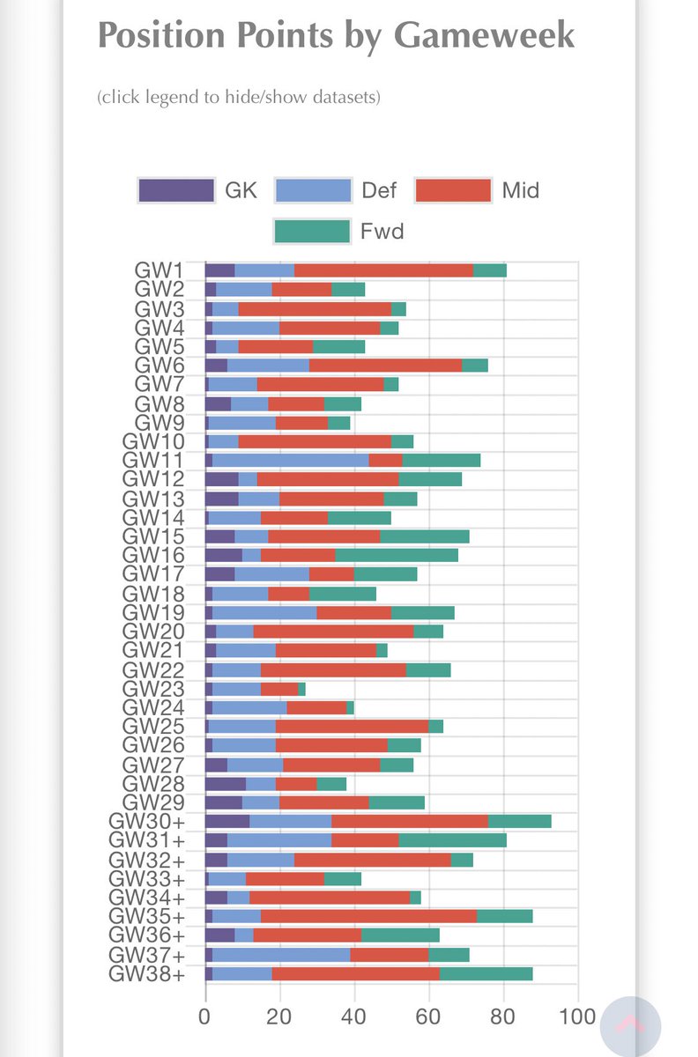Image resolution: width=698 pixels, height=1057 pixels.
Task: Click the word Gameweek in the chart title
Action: (x=484, y=36)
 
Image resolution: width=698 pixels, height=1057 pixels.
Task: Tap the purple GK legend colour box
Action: (x=176, y=189)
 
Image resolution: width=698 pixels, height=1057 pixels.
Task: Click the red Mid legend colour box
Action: (x=452, y=189)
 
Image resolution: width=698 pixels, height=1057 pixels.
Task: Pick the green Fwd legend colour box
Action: (x=312, y=231)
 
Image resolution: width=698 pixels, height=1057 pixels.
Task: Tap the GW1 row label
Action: (x=159, y=270)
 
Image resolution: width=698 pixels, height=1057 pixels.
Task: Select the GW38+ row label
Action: (x=146, y=973)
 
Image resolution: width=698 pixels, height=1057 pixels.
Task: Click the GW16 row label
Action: (x=153, y=555)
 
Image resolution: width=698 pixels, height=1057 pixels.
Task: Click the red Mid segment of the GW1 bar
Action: (x=383, y=270)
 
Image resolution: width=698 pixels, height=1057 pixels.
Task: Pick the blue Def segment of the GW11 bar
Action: (x=290, y=460)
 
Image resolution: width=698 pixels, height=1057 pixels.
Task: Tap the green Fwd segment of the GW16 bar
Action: (x=397, y=555)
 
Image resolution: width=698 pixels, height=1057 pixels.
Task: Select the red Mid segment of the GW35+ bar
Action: (x=368, y=916)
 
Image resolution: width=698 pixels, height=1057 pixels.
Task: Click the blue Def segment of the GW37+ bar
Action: (x=281, y=954)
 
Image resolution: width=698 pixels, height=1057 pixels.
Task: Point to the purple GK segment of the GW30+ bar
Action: (x=226, y=821)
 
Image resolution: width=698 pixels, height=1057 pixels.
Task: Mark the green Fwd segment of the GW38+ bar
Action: (x=486, y=973)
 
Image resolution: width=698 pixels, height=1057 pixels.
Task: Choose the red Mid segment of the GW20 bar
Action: (x=333, y=631)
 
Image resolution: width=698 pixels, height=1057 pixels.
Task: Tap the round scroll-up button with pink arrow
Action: (x=630, y=1027)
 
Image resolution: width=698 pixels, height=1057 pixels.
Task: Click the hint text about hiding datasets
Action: (x=238, y=97)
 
